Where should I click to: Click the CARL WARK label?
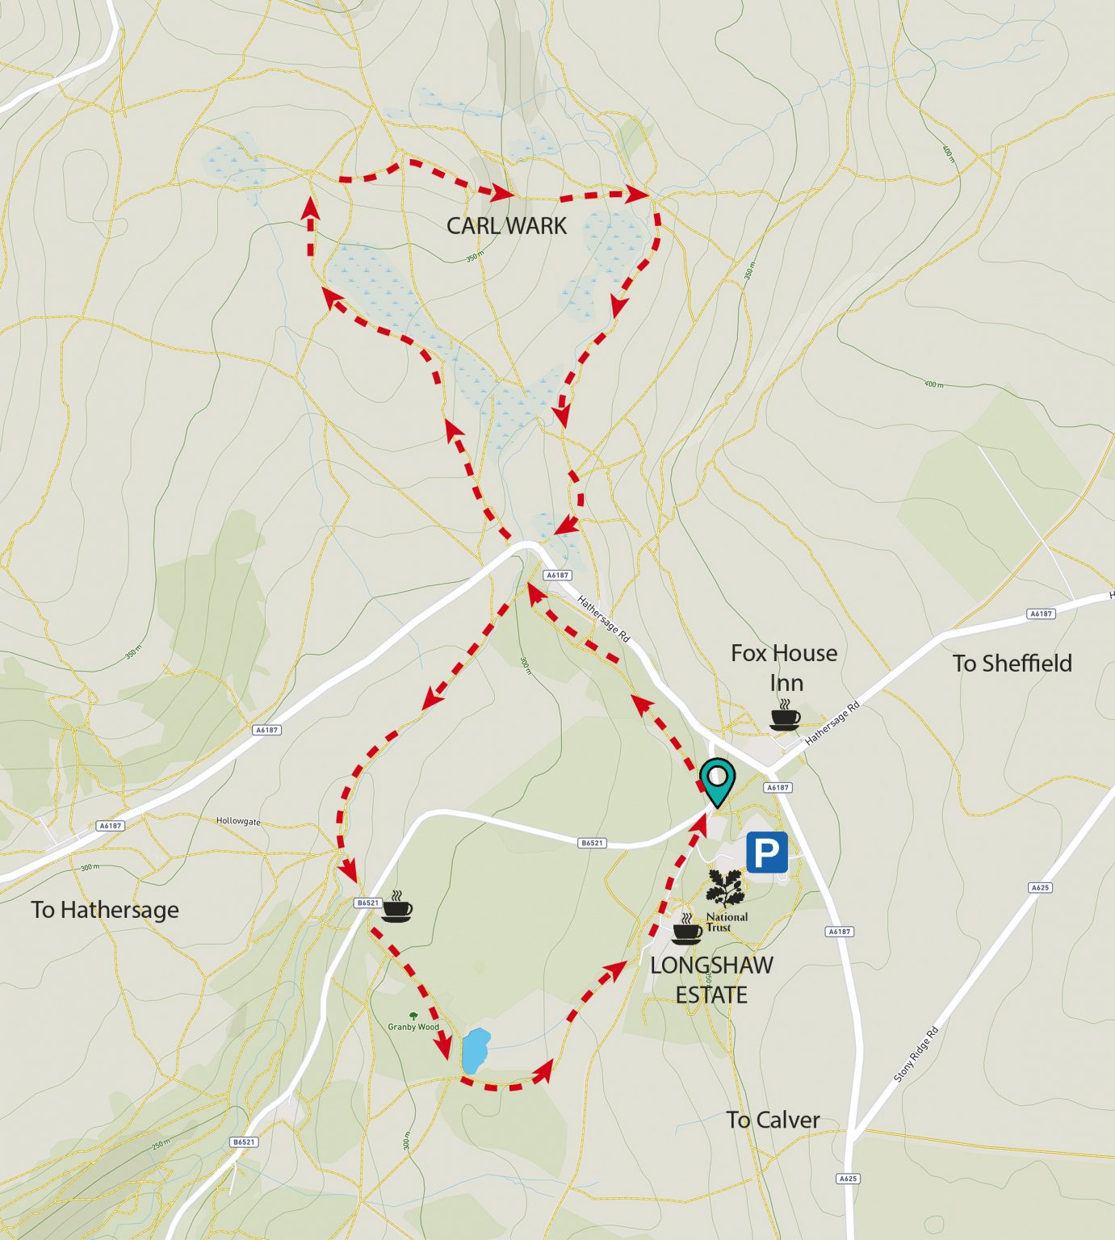506,226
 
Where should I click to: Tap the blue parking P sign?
766,852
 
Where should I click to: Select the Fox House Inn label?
784,667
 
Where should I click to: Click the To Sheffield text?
1012,664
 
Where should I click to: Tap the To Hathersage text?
105,910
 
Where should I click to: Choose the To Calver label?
773,1121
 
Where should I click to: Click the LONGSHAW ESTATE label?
711,979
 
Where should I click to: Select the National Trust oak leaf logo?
726,888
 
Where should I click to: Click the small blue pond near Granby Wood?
476,1050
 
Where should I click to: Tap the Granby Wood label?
413,1027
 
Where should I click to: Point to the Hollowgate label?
238,821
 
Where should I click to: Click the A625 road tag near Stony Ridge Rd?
1040,887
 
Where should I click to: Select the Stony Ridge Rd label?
916,1054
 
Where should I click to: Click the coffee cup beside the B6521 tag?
396,907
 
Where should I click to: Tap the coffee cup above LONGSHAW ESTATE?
686,930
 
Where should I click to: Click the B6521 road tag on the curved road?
592,843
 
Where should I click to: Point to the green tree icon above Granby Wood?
413,1016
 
